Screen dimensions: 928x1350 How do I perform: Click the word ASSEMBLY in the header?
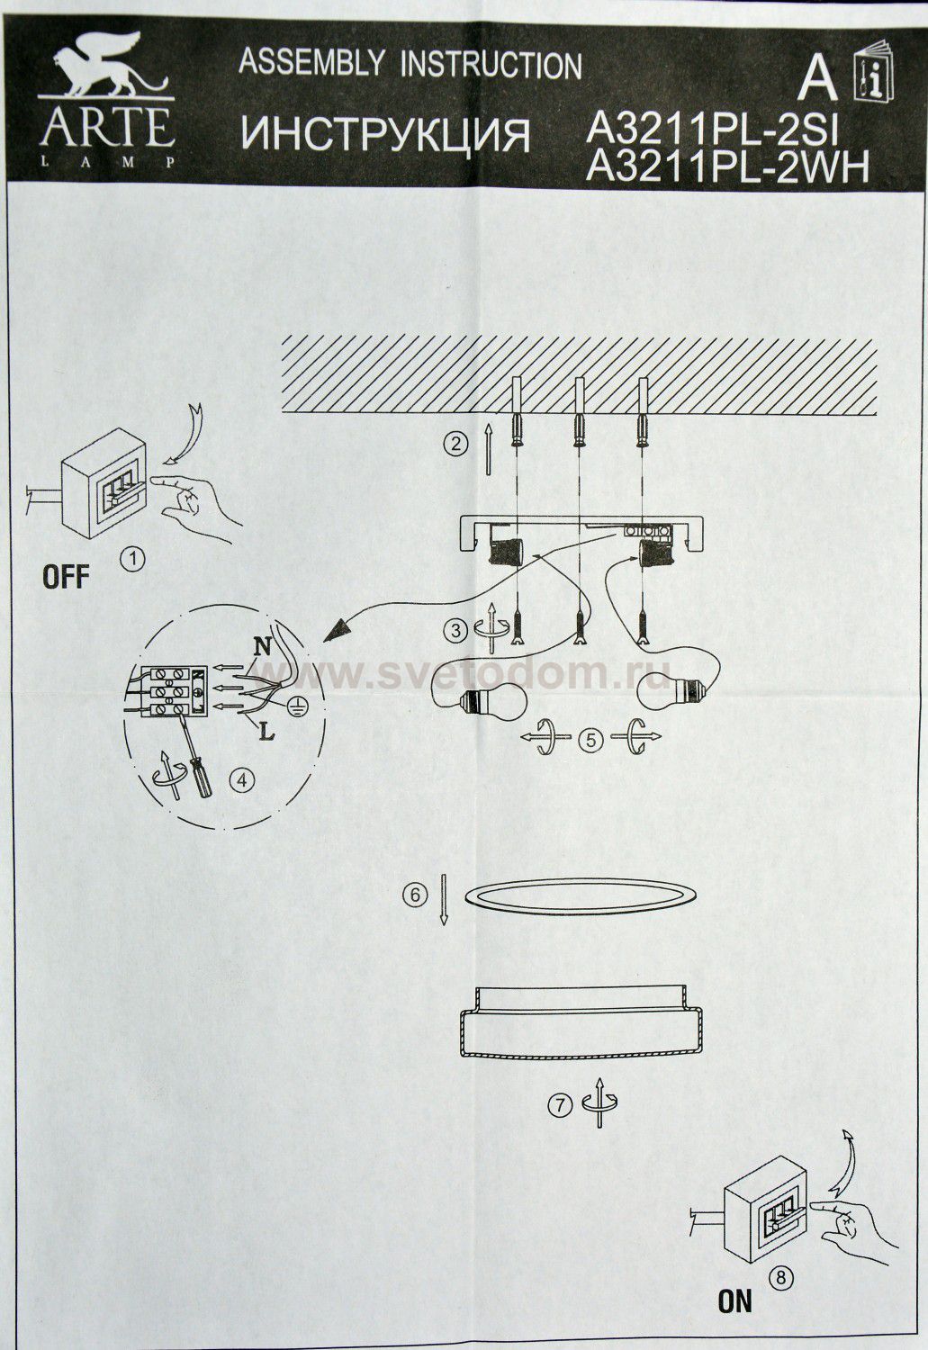tap(311, 63)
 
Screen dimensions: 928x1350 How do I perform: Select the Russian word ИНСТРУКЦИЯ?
tap(385, 135)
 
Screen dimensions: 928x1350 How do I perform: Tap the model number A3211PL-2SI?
tap(712, 130)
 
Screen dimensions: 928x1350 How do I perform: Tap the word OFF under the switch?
tap(66, 577)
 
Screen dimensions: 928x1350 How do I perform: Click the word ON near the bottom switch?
tap(735, 1301)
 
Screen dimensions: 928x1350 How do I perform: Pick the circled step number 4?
tap(241, 780)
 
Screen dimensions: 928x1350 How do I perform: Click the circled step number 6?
tap(415, 895)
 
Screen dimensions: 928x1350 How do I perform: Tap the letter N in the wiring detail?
tap(262, 647)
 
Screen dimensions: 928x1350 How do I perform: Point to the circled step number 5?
tap(591, 740)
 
